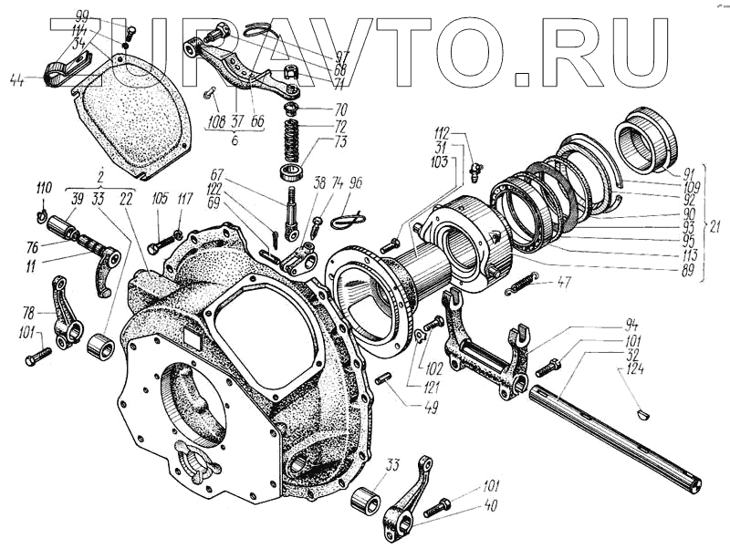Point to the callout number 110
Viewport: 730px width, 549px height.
[x=43, y=189]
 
